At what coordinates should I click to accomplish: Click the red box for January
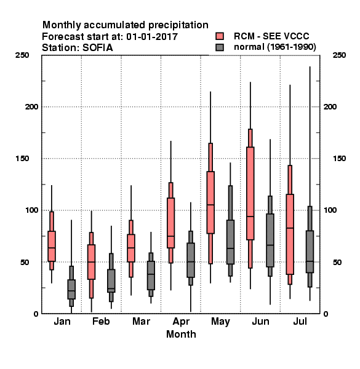(52, 246)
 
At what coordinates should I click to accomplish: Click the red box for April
(170, 223)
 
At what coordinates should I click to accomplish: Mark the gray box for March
(151, 276)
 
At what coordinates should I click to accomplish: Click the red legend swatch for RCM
(220, 36)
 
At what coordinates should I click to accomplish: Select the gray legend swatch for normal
(220, 47)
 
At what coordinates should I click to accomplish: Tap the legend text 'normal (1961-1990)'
(275, 47)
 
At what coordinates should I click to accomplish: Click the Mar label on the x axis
(141, 321)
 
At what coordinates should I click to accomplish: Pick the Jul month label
(300, 321)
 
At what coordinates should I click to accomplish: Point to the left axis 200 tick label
(31, 106)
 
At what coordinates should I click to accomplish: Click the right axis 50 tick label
(337, 262)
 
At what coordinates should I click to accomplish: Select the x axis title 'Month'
(181, 334)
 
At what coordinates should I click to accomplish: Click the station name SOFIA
(98, 48)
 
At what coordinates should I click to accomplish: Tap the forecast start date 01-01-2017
(152, 36)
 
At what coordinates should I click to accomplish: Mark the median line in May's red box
(210, 205)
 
